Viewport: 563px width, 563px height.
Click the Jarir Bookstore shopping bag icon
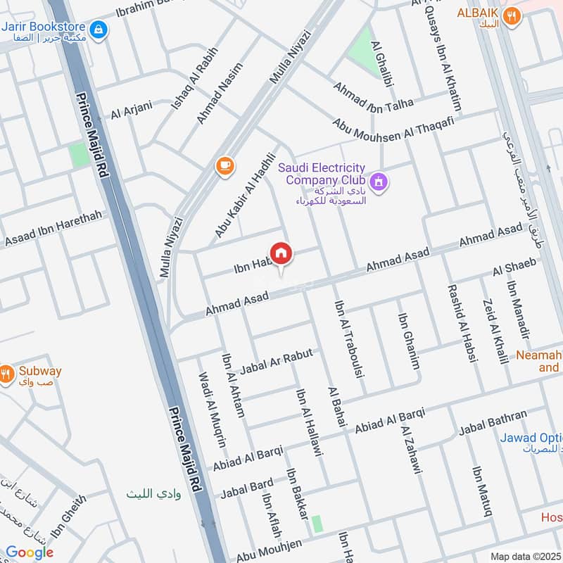[99, 29]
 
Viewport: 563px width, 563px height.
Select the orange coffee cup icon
[224, 165]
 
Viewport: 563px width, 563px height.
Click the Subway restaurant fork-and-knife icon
[7, 374]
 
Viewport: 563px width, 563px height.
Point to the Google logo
[30, 552]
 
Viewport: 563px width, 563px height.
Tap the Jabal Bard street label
[246, 487]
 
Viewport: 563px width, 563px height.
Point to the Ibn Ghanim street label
[409, 341]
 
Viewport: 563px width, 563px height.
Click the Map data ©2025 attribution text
[525, 556]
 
